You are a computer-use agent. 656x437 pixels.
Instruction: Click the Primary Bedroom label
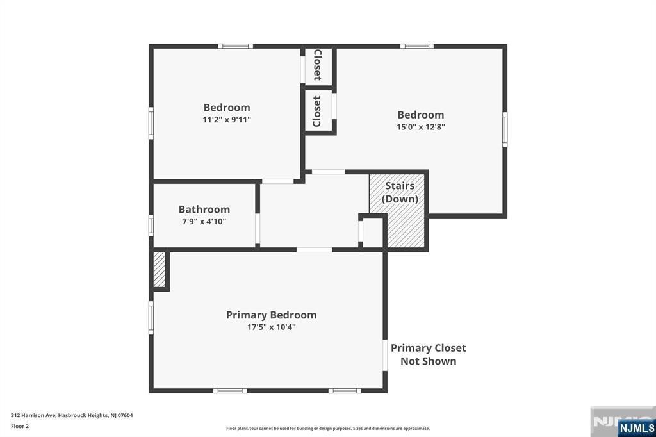click(271, 315)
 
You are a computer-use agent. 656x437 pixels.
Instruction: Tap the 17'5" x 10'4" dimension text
click(271, 327)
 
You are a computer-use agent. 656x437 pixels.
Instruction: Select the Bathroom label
click(204, 210)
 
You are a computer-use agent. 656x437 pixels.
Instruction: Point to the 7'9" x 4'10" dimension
click(204, 222)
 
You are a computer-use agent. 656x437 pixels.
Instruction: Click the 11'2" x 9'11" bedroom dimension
click(227, 120)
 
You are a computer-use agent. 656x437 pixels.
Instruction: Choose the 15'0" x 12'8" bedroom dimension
click(420, 127)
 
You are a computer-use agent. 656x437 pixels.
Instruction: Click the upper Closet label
click(318, 65)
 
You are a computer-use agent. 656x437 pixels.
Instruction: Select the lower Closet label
click(316, 111)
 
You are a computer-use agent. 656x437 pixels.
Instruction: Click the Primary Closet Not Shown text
click(428, 354)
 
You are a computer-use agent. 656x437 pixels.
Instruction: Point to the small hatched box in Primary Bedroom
click(160, 270)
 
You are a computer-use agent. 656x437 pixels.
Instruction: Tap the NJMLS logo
click(636, 427)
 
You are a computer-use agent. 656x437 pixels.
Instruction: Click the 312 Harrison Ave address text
click(72, 416)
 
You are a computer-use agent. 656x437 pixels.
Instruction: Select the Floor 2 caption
click(20, 427)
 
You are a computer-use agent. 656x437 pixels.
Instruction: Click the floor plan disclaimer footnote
click(328, 429)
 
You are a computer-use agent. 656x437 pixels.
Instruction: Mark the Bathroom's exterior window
click(151, 226)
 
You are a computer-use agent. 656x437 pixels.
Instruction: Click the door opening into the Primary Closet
click(385, 355)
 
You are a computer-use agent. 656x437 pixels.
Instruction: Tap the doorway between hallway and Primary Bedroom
click(315, 250)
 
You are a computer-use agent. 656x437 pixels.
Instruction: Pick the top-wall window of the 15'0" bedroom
click(416, 46)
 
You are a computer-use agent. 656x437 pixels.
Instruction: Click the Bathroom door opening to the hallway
click(258, 229)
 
